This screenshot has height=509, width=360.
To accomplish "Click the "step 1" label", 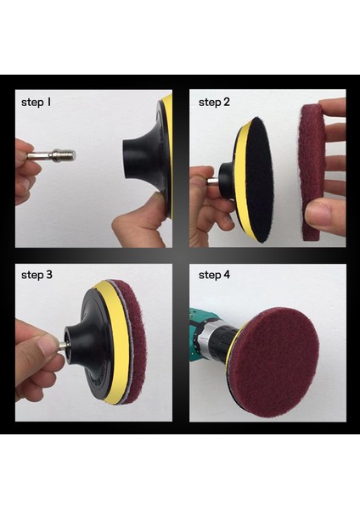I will coord(37,102).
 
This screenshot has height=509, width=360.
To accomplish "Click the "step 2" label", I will coord(214,102).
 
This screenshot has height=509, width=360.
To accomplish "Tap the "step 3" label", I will coord(37,275).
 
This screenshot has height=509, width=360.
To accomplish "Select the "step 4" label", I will coord(214,275).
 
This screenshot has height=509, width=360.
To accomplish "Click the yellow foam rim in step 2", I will coord(239,182).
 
